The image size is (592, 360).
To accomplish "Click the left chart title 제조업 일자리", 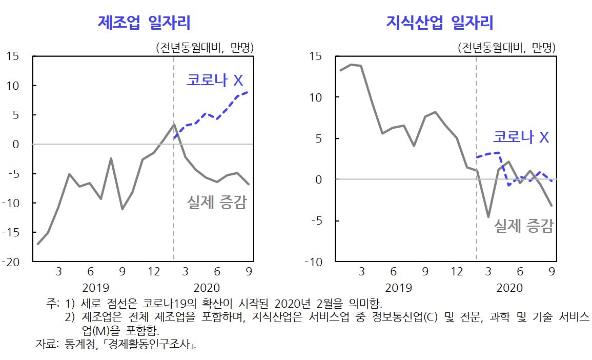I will click(144, 23).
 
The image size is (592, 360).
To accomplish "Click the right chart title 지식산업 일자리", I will click(439, 23).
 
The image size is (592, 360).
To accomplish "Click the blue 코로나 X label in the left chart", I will click(214, 81).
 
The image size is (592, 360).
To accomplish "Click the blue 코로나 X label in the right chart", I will click(521, 137).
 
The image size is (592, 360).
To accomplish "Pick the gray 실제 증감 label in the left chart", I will click(216, 203).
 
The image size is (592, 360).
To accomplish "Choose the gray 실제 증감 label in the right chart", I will click(523, 226).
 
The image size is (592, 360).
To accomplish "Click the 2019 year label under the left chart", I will click(96, 287).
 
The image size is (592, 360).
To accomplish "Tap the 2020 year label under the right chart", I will click(509, 287).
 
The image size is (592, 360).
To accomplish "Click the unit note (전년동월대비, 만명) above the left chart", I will click(205, 48).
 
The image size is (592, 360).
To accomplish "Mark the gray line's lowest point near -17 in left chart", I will click(38, 244).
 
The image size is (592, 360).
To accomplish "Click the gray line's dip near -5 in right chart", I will click(488, 217).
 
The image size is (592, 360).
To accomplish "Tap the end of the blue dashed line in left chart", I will click(249, 92).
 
